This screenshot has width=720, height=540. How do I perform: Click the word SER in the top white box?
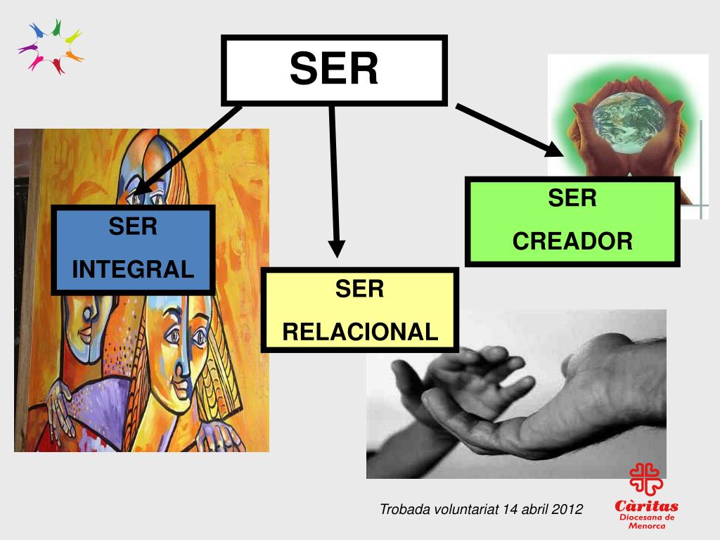(x=334, y=69)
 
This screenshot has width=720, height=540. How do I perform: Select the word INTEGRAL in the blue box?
(x=133, y=269)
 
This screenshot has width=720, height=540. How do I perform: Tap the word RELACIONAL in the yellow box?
(x=360, y=331)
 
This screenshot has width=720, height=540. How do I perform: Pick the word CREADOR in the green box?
(x=572, y=241)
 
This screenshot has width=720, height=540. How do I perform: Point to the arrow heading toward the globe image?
(x=510, y=130)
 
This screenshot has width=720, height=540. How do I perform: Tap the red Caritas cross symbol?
(x=645, y=479)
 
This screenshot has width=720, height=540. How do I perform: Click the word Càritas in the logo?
(x=646, y=506)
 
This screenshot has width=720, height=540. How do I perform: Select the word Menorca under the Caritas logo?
(x=646, y=525)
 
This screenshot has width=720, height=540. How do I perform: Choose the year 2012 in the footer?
(x=567, y=509)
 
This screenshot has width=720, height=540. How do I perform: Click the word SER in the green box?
(x=572, y=198)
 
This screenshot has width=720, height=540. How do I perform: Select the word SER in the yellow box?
(x=359, y=289)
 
